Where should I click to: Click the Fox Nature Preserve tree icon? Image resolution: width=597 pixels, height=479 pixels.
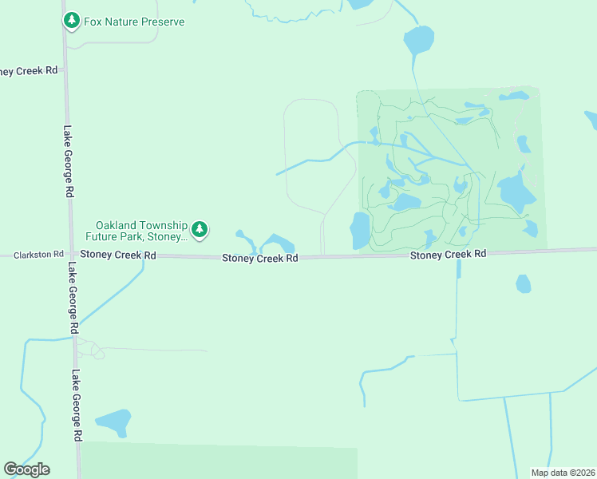pos(72,21)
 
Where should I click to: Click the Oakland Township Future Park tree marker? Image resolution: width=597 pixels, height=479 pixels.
pos(200,231)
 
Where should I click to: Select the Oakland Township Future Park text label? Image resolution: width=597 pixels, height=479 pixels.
pos(141,231)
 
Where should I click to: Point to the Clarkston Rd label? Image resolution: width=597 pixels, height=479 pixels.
pos(38,255)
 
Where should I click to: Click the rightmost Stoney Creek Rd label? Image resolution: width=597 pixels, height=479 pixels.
pos(448,254)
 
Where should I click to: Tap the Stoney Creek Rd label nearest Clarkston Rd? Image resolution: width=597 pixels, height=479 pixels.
pos(117,255)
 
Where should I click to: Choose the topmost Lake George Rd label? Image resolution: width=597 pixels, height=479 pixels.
pos(69,161)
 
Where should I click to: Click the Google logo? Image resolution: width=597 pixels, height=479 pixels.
pos(26,469)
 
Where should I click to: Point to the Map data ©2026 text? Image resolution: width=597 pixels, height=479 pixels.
pos(563,473)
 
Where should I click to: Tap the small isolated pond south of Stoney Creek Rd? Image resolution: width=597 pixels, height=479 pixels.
pos(524,283)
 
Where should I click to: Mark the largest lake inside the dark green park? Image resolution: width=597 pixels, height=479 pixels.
pos(515,192)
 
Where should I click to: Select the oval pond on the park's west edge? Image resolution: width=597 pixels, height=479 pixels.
pos(360,230)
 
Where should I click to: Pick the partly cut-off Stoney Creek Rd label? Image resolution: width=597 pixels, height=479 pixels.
pos(29,70)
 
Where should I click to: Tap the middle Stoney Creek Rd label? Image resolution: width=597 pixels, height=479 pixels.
pos(259,258)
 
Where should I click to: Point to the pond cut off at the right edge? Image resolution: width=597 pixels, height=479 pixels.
pos(591,120)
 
